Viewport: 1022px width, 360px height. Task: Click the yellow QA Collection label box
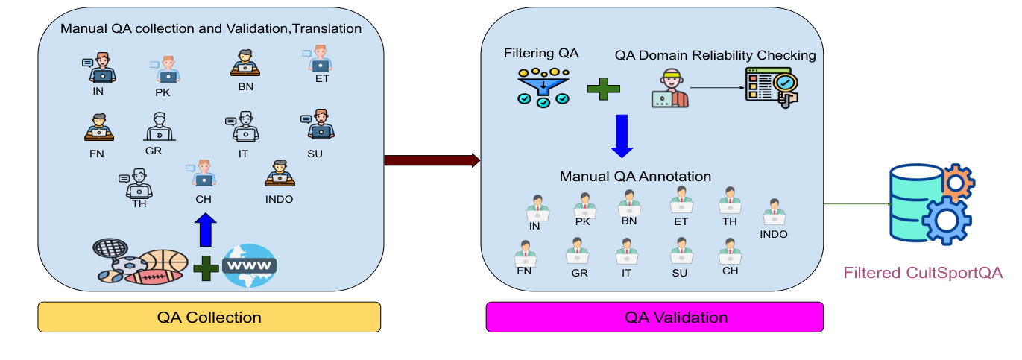point(209,317)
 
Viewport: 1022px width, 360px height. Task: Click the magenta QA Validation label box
point(654,317)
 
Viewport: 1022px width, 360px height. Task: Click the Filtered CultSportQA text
point(923,273)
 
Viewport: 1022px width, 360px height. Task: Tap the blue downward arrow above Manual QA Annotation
point(621,134)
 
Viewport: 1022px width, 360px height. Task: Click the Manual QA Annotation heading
point(635,177)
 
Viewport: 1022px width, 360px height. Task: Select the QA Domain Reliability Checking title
point(715,55)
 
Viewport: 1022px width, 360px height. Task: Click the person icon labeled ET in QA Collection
point(320,59)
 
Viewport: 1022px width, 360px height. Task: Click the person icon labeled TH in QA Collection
point(139,183)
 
